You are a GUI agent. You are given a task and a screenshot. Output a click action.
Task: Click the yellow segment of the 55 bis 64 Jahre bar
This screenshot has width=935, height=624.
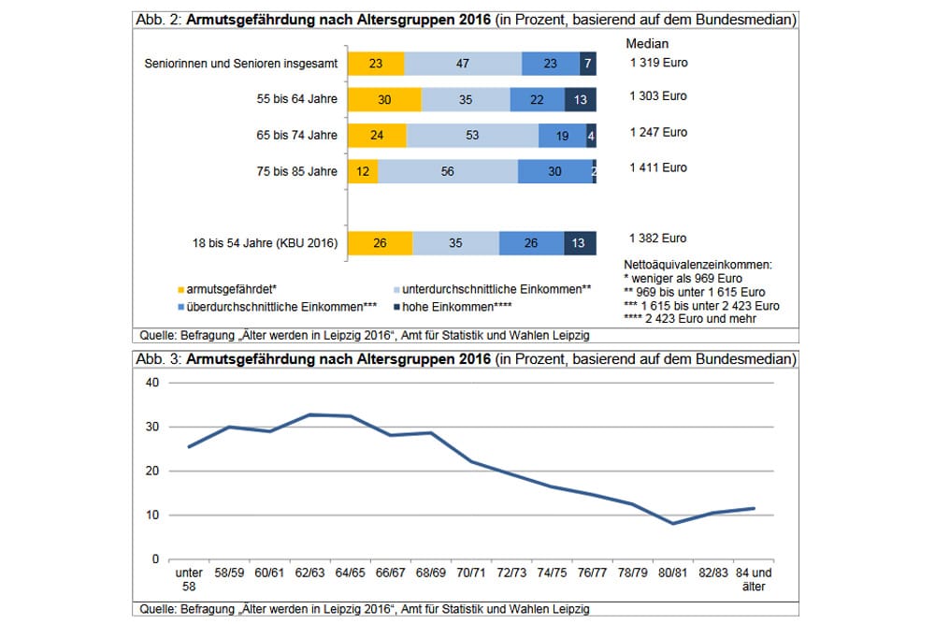pyautogui.click(x=384, y=100)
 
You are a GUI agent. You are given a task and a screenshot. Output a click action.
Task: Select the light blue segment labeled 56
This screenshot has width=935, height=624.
pyautogui.click(x=448, y=171)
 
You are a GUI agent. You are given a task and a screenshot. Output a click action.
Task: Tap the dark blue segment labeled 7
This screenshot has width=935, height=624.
pyautogui.click(x=588, y=64)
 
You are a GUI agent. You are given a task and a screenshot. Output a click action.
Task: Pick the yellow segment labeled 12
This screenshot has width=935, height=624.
pyautogui.click(x=363, y=171)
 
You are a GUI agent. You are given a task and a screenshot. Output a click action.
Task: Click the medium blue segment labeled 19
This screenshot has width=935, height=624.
pyautogui.click(x=562, y=136)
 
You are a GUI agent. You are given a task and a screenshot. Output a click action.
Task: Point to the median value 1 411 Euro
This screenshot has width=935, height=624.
pyautogui.click(x=658, y=167)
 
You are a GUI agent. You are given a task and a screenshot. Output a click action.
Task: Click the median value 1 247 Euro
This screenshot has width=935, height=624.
pyautogui.click(x=658, y=132)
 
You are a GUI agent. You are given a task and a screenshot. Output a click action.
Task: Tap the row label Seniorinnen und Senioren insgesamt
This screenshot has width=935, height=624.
pyautogui.click(x=241, y=65)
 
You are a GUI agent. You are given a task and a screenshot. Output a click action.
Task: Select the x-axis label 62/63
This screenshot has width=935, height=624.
pyautogui.click(x=310, y=572)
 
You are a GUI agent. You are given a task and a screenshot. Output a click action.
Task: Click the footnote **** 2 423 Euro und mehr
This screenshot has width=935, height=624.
pyautogui.click(x=691, y=320)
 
